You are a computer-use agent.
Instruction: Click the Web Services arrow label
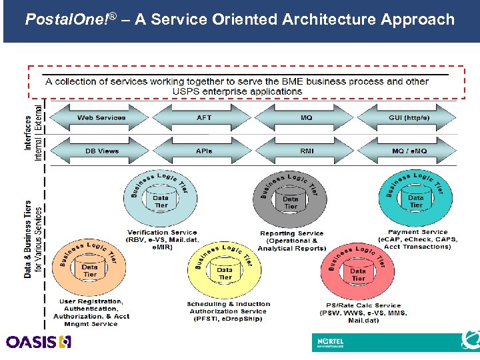pos(101,118)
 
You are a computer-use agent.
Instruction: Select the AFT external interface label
pos(204,118)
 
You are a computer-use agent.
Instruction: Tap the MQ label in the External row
pos(306,118)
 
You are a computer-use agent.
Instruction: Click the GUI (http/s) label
pos(409,118)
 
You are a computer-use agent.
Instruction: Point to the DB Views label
pos(102,151)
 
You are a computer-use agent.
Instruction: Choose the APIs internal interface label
pos(204,151)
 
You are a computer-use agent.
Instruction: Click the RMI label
pos(307,151)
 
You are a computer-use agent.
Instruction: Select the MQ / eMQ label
pos(409,151)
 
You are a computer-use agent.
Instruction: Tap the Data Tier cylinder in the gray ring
pos(291,201)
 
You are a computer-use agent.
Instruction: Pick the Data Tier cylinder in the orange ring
pos(90,270)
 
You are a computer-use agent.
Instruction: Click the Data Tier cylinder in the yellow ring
pos(225,273)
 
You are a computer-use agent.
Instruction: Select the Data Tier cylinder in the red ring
pos(358,274)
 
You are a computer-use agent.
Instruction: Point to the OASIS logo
pos(39,342)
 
